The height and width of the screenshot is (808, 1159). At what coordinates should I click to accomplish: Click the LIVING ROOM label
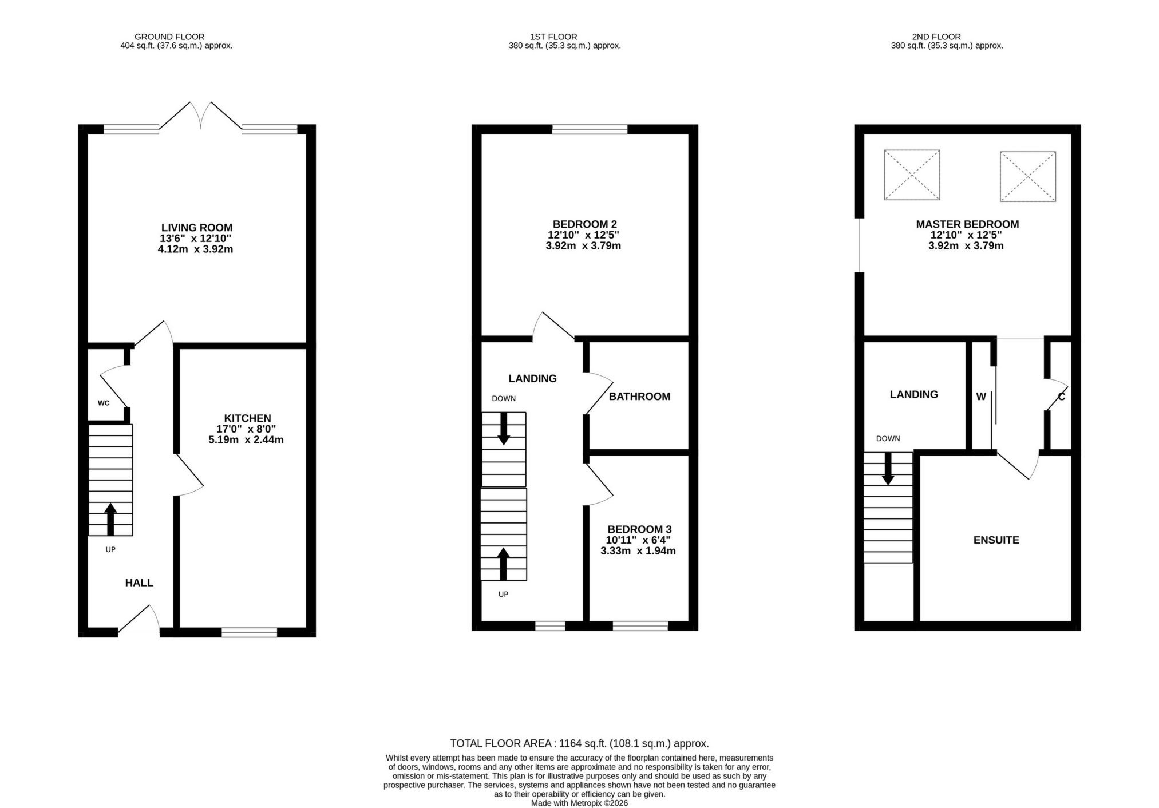(196, 228)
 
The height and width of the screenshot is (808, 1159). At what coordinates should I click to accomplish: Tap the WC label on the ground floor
(104, 403)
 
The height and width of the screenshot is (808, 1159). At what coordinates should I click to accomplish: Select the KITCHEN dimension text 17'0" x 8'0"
(247, 429)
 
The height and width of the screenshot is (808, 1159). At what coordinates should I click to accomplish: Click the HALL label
(139, 583)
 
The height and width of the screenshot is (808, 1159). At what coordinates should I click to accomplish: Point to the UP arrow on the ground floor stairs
(110, 518)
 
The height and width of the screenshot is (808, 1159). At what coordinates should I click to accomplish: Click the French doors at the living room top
(201, 117)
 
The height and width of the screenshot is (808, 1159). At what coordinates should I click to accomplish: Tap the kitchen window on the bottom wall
(249, 632)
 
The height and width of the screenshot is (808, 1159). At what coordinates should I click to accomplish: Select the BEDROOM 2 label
(584, 224)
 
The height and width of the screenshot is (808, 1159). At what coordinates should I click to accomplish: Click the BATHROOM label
(639, 397)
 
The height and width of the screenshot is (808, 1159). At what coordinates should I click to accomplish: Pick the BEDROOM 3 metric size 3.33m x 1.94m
(638, 551)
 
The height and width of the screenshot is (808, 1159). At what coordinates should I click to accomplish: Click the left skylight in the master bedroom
(912, 175)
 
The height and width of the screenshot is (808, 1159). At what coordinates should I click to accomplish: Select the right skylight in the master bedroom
(1027, 176)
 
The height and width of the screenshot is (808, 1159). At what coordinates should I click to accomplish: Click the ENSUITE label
(996, 540)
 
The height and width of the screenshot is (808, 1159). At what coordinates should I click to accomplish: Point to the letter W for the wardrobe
(981, 397)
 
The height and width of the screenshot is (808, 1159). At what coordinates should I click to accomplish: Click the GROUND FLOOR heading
(169, 37)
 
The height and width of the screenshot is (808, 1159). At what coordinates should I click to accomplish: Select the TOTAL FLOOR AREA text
(579, 743)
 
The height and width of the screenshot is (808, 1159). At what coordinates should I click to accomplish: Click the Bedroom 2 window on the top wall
(590, 129)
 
